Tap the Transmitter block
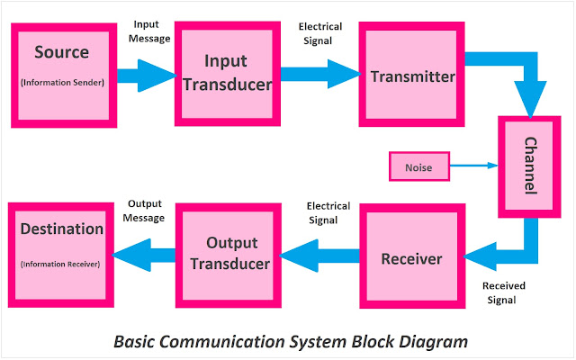coord(412,76)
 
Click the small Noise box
coord(418,166)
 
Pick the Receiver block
coord(411,258)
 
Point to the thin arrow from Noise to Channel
coord(472,166)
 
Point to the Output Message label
coord(145,211)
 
